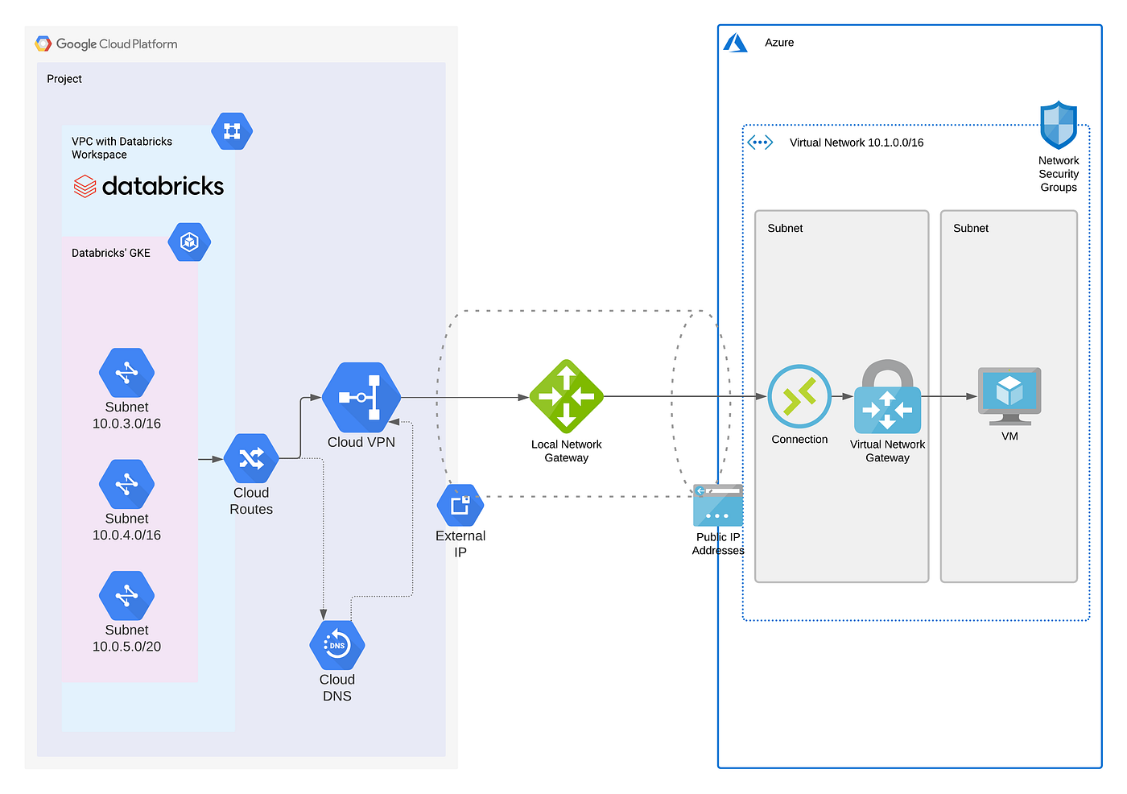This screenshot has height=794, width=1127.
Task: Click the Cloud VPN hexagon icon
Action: (361, 397)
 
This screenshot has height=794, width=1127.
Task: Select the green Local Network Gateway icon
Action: (566, 396)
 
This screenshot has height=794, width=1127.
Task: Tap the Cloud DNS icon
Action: (337, 645)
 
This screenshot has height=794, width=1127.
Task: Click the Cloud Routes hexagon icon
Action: (251, 459)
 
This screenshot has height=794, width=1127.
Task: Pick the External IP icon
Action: (460, 506)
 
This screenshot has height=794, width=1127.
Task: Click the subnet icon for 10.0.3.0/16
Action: (126, 373)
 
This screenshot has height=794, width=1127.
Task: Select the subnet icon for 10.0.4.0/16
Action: (126, 485)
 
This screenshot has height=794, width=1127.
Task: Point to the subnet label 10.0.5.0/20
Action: (126, 647)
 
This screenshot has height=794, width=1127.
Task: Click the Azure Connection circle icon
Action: (799, 396)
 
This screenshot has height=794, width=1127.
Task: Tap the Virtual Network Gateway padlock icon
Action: (887, 398)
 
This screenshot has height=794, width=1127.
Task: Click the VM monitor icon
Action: (1009, 395)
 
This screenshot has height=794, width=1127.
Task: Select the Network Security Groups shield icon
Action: (1059, 125)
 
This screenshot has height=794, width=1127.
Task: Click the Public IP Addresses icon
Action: (717, 505)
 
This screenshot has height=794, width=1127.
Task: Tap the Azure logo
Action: (735, 43)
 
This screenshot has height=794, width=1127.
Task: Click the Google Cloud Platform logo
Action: (43, 43)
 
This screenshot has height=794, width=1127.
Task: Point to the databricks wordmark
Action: (149, 186)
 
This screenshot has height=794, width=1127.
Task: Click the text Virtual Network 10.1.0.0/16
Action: (856, 143)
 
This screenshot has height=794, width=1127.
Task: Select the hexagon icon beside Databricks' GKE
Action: (190, 242)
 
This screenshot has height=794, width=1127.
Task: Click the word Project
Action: (64, 79)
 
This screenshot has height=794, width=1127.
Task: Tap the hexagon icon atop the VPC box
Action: (232, 131)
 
